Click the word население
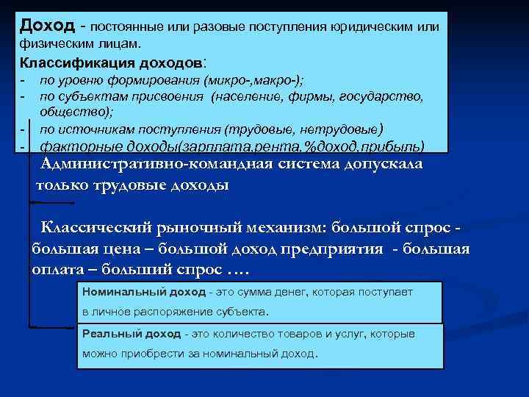253,96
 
